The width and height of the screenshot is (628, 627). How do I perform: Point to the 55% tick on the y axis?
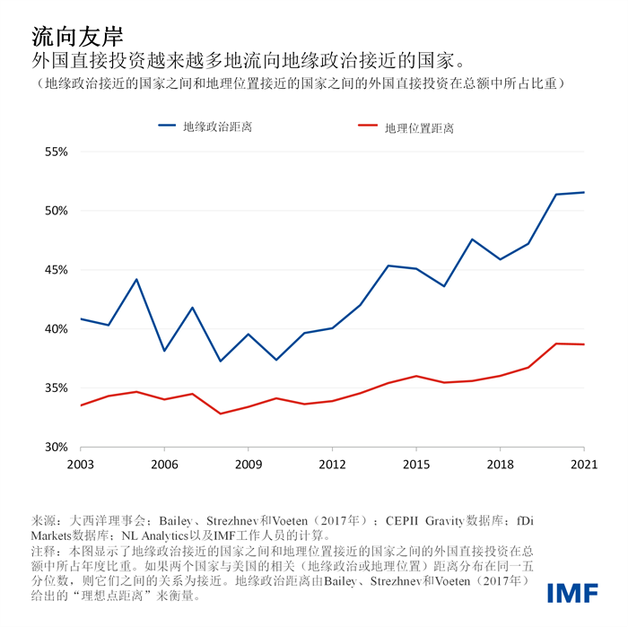tap(57, 152)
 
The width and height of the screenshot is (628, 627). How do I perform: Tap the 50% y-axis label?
tap(57, 211)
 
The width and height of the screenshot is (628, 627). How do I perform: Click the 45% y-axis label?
tap(57, 270)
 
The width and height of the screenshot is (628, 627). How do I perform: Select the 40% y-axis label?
tap(57, 329)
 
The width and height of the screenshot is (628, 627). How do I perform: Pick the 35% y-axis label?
tap(57, 388)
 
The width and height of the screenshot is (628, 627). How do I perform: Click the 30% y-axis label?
tap(57, 447)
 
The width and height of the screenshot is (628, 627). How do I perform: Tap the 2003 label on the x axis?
tap(81, 466)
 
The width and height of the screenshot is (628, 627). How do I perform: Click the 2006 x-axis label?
tap(164, 466)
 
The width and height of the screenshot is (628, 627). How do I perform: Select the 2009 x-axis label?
tap(249, 466)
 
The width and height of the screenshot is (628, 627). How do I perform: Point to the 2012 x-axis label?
tap(332, 466)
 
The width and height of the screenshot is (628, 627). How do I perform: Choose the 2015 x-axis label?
tap(416, 466)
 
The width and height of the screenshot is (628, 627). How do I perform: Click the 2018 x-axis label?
tap(500, 466)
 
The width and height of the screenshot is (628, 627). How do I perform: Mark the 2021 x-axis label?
tap(583, 466)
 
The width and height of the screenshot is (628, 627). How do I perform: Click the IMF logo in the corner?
tap(574, 593)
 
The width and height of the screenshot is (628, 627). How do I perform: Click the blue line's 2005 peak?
tap(136, 279)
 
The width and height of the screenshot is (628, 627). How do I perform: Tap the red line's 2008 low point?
tap(221, 414)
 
